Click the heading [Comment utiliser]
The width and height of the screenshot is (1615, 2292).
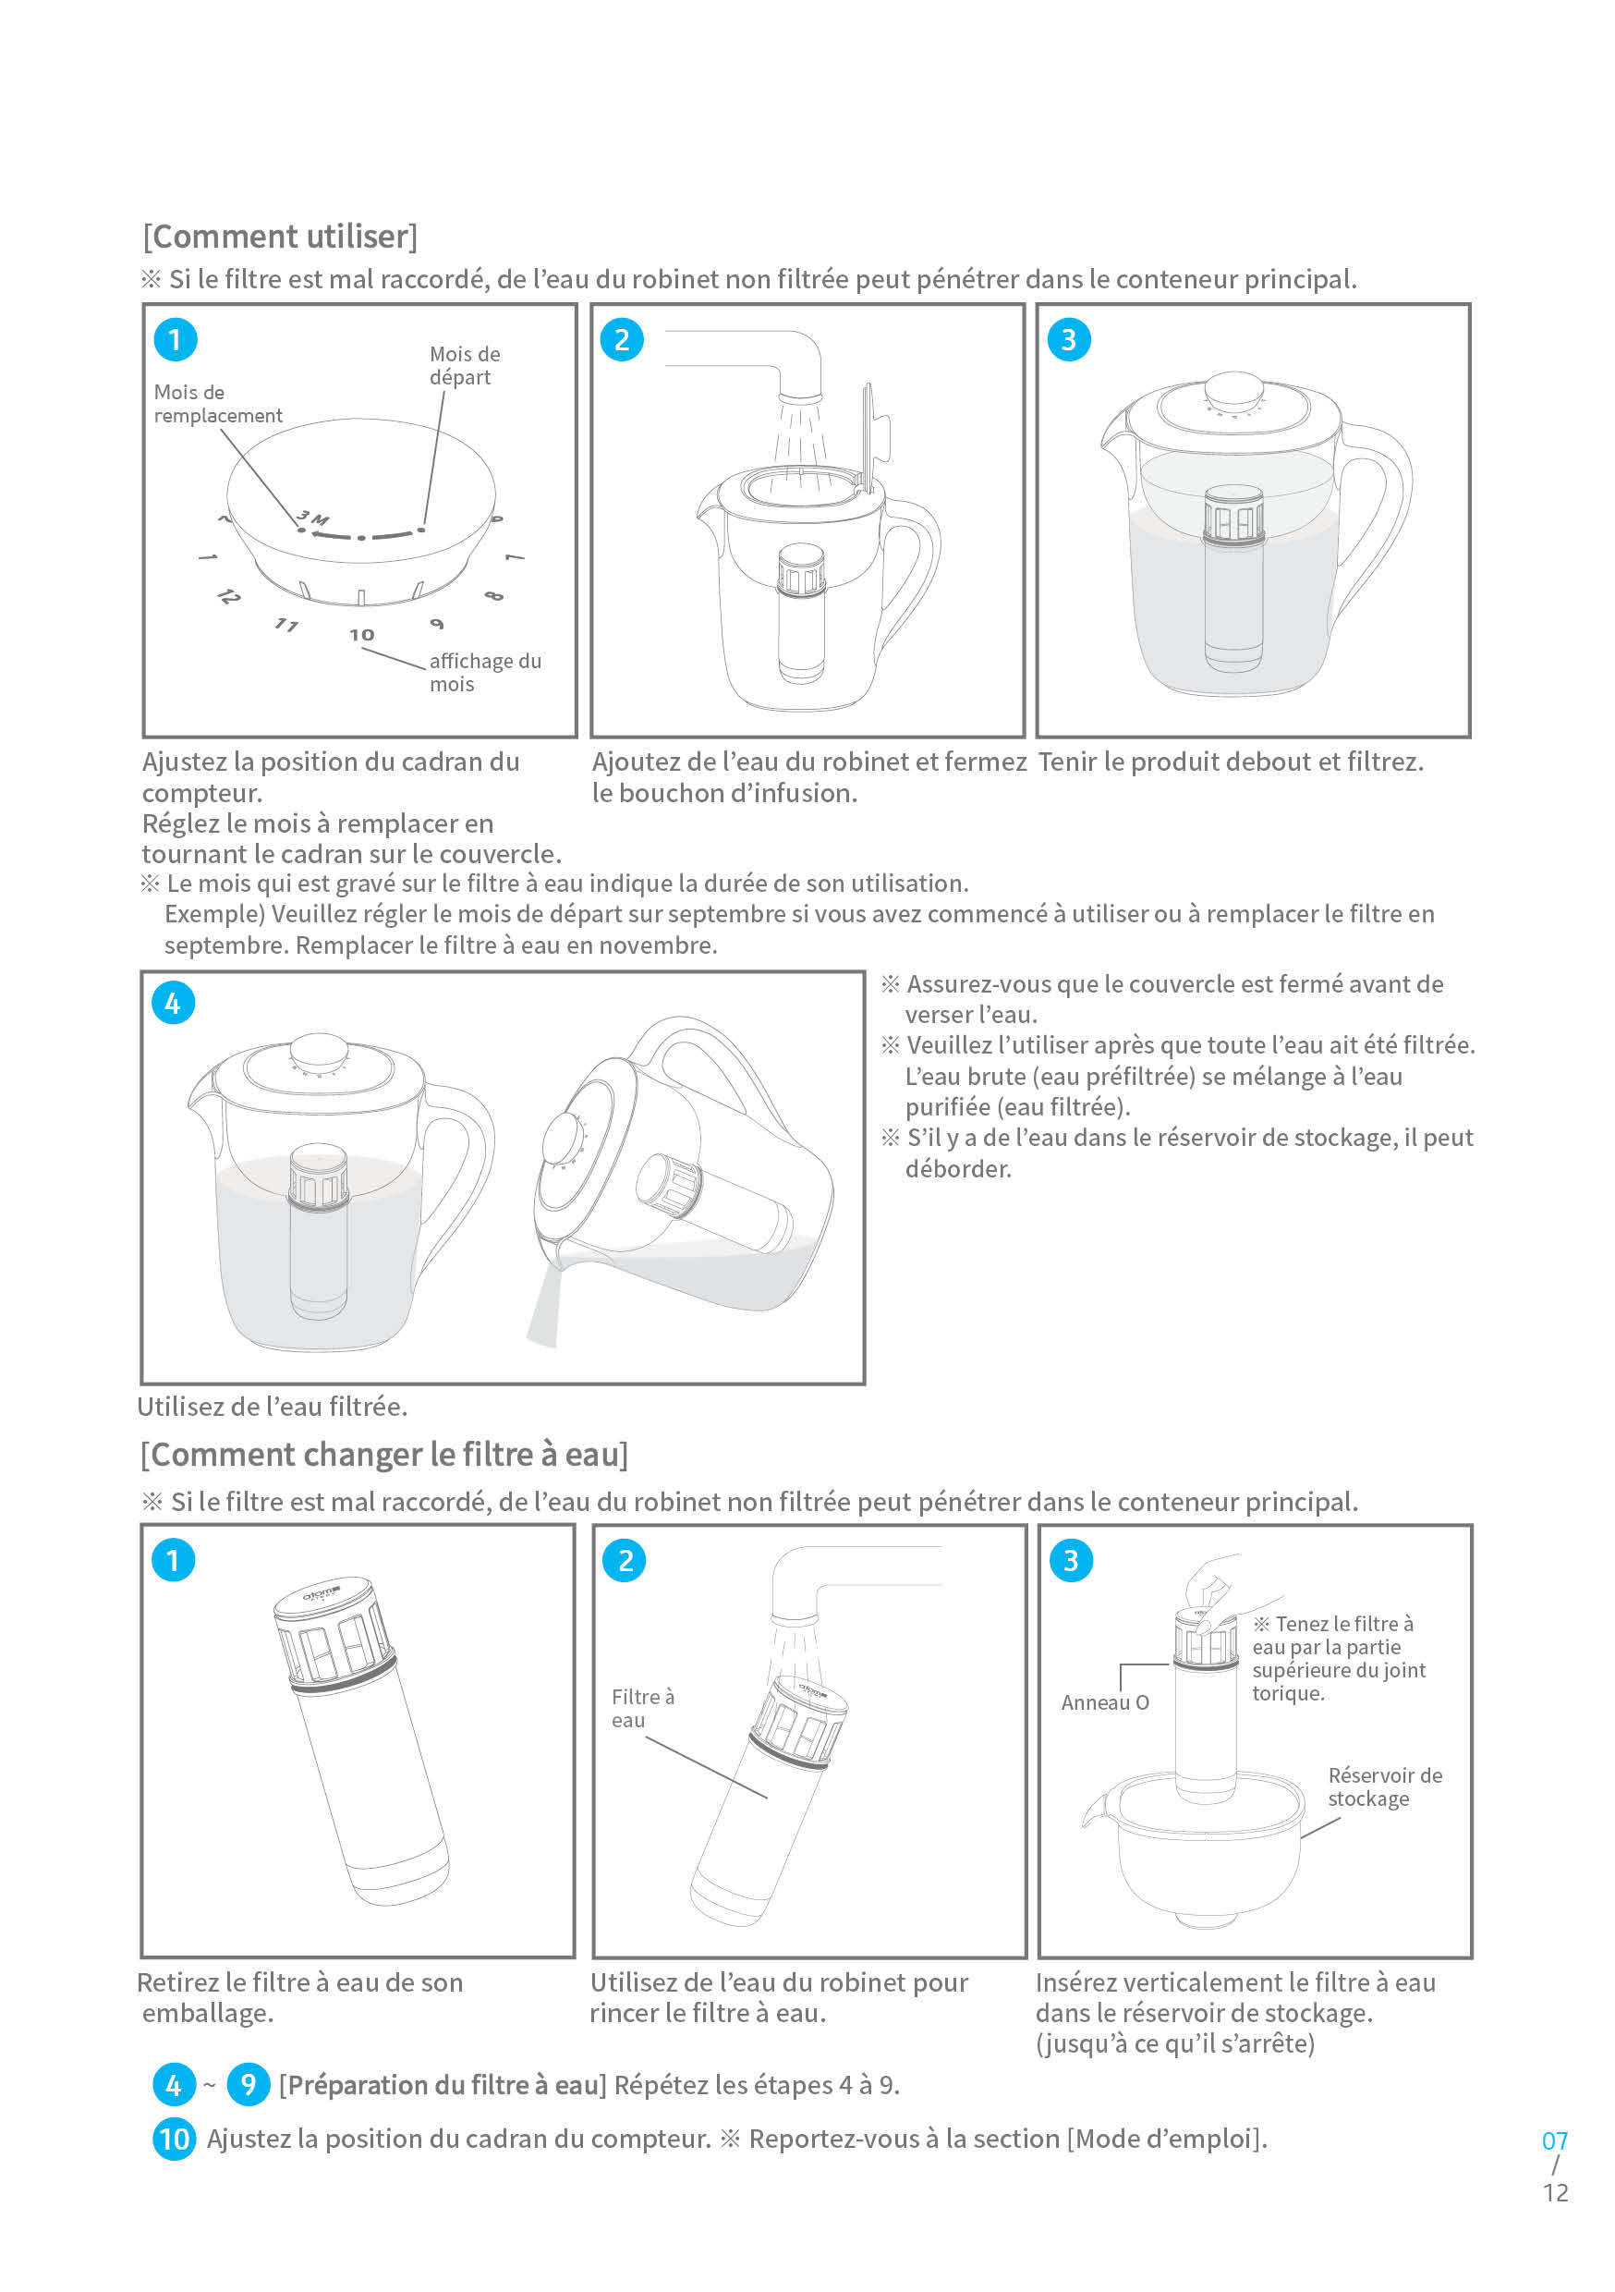point(279,237)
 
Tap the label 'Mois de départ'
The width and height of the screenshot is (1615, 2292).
point(464,365)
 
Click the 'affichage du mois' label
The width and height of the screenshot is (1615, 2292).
point(484,672)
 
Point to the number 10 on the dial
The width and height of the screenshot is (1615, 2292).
point(361,635)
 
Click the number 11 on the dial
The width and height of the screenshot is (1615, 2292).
point(286,625)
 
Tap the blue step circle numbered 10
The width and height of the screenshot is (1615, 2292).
point(174,2139)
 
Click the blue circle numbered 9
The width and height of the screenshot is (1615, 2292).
point(248,2084)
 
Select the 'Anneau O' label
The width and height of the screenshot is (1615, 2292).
point(1104,1703)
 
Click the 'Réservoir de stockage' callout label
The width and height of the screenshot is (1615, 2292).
point(1383,1786)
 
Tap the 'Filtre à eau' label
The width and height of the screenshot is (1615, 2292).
point(642,1708)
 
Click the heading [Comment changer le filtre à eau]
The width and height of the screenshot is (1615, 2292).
point(384,1455)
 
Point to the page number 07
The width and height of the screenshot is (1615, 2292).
point(1554,2141)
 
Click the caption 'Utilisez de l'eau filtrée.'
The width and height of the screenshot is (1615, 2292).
point(273,1407)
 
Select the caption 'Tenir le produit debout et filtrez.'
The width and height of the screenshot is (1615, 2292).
point(1230,762)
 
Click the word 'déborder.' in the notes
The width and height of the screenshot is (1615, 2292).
point(957,1169)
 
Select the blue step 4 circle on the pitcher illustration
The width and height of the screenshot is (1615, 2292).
point(173,1004)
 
